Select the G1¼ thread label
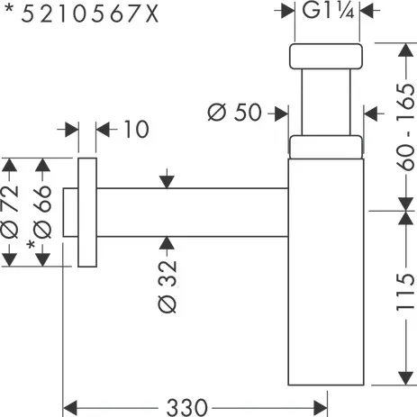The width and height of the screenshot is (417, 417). [x=326, y=12]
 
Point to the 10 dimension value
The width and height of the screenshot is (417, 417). [x=135, y=130]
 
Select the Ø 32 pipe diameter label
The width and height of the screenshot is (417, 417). [x=168, y=286]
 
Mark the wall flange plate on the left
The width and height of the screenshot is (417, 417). [x=87, y=213]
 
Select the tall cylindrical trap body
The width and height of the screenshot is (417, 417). [x=325, y=270]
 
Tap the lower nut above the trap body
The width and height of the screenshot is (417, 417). [x=325, y=147]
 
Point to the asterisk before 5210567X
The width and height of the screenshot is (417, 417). [x=7, y=13]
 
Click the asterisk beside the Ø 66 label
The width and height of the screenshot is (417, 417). [x=32, y=245]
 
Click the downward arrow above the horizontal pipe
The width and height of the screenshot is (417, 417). [x=167, y=181]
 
